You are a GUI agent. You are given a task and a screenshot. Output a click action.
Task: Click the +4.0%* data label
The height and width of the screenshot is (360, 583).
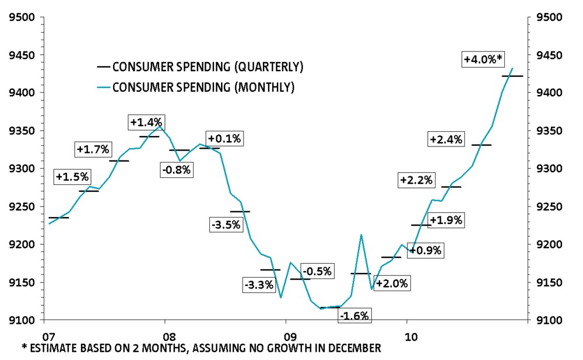[x=483, y=59]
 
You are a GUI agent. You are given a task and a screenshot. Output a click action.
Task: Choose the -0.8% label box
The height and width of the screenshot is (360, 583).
[x=177, y=170]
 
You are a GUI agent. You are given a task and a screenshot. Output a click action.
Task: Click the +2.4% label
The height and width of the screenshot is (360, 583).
[x=445, y=139]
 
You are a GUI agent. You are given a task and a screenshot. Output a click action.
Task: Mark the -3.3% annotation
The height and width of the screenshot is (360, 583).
[x=259, y=286]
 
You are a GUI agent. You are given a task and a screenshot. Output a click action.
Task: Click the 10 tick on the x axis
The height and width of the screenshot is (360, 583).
[x=412, y=337]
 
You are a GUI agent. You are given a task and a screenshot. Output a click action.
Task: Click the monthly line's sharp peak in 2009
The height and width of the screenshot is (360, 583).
[x=361, y=235]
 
